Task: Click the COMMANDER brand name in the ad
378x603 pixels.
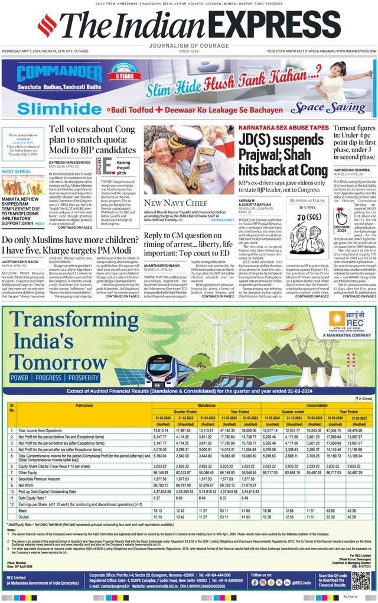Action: [51, 74]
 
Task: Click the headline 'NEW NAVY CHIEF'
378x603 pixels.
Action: [170, 203]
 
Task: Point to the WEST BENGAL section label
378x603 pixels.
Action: [17, 171]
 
